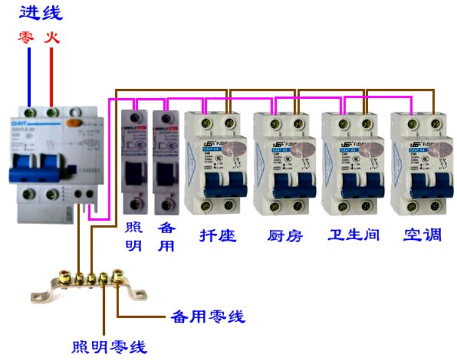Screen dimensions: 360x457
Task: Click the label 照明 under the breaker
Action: pos(133,236)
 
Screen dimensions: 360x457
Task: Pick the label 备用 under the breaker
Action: pos(166,236)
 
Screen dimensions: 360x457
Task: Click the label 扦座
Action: pos(218,235)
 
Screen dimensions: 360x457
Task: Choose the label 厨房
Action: pos(285,235)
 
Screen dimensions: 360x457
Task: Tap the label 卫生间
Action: pos(354,235)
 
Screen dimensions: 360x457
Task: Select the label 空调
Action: pos(422,235)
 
